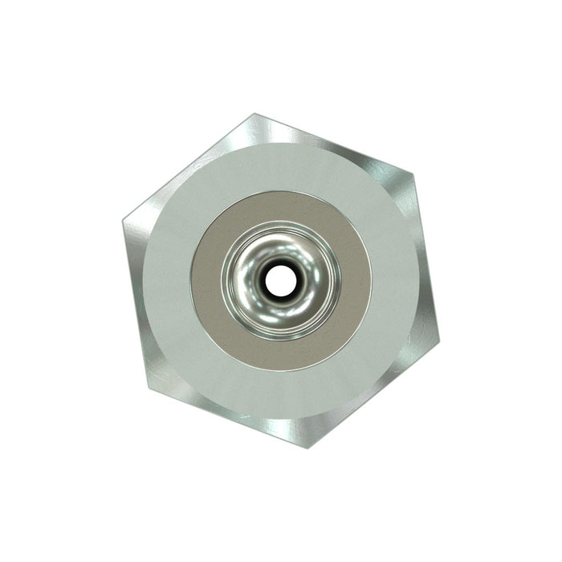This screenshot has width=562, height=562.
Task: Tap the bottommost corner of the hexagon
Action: point(307,446)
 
